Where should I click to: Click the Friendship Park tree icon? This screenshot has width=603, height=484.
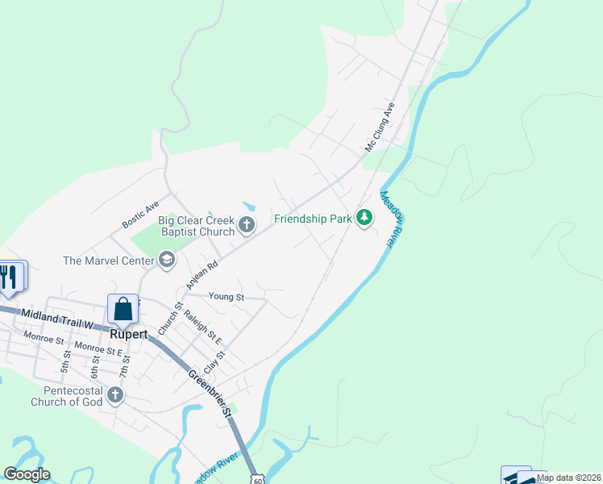tap(364, 218)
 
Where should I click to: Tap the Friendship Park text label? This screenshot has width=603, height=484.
tap(314, 219)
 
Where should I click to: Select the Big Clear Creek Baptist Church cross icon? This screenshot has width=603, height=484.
tap(247, 224)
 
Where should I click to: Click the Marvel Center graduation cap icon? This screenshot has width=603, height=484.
tap(167, 260)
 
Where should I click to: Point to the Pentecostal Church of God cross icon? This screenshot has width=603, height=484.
tap(115, 395)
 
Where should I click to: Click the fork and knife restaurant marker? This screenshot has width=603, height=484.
tap(10, 277)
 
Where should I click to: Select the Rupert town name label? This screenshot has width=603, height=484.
tap(128, 334)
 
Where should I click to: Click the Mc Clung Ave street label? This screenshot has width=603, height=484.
tap(380, 127)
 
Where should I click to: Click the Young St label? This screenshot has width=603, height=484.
tap(227, 297)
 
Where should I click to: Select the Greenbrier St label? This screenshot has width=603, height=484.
tap(210, 393)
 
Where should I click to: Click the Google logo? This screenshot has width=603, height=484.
tap(27, 474)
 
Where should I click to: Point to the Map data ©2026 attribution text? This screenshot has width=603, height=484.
tap(569, 478)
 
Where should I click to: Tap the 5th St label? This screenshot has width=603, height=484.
tap(66, 361)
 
